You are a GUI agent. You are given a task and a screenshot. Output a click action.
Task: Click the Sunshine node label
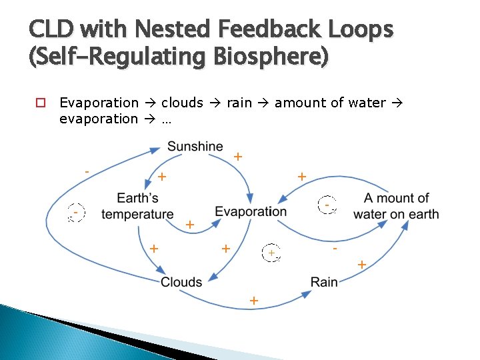point(195,146)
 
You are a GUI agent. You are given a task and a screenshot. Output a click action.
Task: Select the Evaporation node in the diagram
point(251,211)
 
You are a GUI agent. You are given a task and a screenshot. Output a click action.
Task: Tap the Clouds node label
point(181,282)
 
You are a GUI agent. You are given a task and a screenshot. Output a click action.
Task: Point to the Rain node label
point(324,282)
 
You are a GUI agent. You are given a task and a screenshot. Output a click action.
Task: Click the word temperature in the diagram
point(137,214)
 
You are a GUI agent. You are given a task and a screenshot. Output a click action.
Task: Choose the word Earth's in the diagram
point(137,198)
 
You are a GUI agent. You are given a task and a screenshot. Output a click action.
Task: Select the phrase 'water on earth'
point(396,214)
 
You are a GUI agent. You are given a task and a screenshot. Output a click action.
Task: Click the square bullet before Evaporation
point(39,103)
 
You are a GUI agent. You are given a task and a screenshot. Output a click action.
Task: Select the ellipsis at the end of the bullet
point(167,119)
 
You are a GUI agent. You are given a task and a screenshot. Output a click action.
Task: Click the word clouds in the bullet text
point(181,103)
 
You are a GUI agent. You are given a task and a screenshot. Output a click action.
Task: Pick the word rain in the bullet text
point(239,103)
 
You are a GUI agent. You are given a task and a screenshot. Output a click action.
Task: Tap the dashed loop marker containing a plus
point(271,253)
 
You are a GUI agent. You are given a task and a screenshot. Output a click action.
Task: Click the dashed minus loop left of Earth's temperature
point(77,213)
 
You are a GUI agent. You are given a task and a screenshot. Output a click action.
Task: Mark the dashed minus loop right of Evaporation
point(327,205)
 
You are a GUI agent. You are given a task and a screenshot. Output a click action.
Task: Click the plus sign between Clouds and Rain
point(253,301)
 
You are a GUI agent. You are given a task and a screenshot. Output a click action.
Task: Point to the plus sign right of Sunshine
point(237,157)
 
